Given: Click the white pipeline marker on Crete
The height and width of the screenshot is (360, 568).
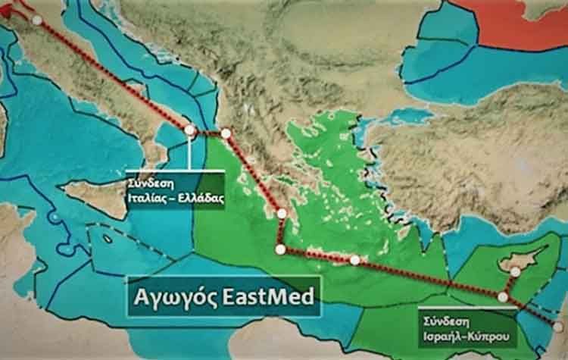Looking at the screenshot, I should [354, 260].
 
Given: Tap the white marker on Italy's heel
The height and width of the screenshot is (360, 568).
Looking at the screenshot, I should [189, 130].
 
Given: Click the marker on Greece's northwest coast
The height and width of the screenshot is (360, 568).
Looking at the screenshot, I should [226, 133].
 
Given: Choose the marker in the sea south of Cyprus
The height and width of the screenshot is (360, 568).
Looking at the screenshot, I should [502, 297].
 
